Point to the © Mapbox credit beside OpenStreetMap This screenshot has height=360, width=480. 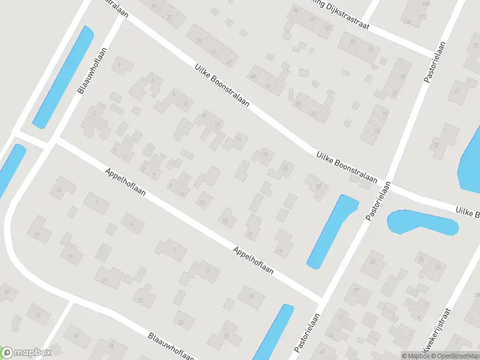point(415,355)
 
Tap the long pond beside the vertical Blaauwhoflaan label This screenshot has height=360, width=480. point(64,76)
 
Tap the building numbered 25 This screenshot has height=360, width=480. point(181,322)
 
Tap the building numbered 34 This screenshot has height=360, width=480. point(75,335)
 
